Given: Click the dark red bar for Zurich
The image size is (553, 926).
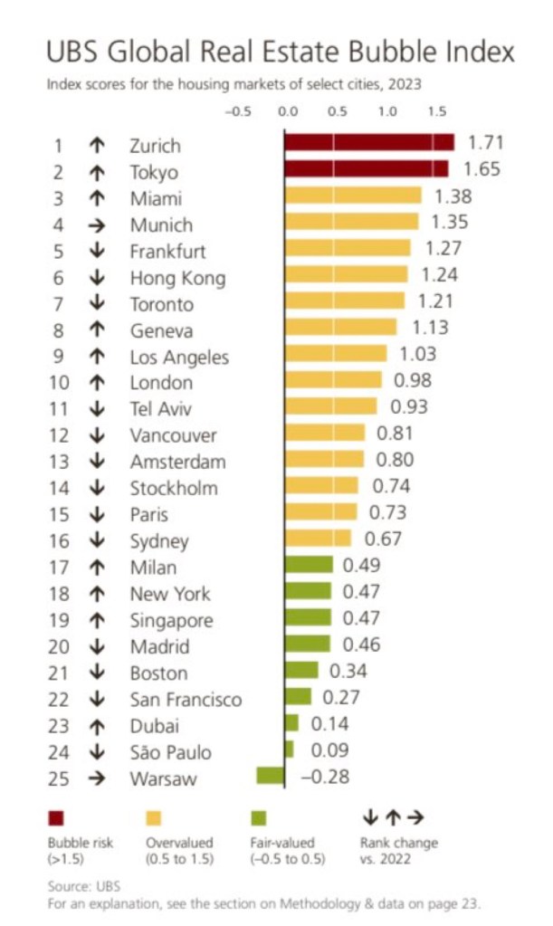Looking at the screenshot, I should point(369,143).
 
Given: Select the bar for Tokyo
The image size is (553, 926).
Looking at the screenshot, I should point(367,169).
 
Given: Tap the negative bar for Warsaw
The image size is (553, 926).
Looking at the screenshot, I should point(271,776).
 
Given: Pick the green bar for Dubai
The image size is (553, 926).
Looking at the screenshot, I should point(291,723).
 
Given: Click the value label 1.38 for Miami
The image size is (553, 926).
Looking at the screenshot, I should point(452,196).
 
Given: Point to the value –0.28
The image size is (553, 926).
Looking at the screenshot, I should point(324,776).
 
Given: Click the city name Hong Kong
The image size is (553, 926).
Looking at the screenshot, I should point(177,278).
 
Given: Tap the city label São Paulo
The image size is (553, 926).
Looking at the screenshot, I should point(170,751).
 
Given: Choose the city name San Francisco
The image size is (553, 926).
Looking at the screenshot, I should point(186,699).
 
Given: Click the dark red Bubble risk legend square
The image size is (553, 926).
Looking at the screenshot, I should point(56,819).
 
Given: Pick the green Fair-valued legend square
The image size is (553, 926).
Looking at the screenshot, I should point(258,819).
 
